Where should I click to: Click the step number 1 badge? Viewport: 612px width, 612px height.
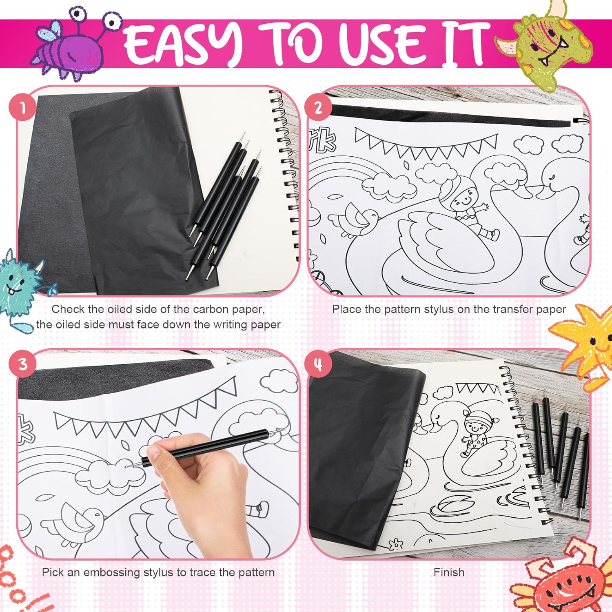[22, 108]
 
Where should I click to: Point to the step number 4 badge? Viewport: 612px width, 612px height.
[318, 364]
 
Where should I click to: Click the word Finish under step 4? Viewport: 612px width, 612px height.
[449, 572]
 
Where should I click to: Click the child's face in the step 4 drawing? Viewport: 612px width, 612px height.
[476, 429]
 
